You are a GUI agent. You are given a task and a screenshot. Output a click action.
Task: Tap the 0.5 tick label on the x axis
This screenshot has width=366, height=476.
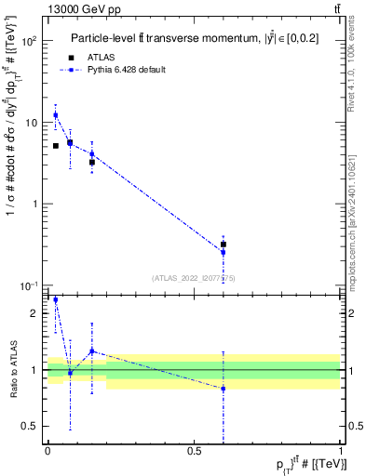point(194,451)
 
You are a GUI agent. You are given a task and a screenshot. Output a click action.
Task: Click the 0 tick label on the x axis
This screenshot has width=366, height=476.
point(47,451)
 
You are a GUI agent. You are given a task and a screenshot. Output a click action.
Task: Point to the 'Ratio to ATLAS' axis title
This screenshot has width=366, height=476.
point(12,369)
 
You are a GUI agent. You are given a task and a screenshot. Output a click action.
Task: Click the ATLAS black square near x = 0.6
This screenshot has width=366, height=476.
point(224,245)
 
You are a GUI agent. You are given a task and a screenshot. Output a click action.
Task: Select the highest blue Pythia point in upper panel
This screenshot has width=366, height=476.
point(55,115)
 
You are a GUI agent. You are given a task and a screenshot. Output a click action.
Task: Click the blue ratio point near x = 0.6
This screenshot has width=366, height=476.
point(224,389)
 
